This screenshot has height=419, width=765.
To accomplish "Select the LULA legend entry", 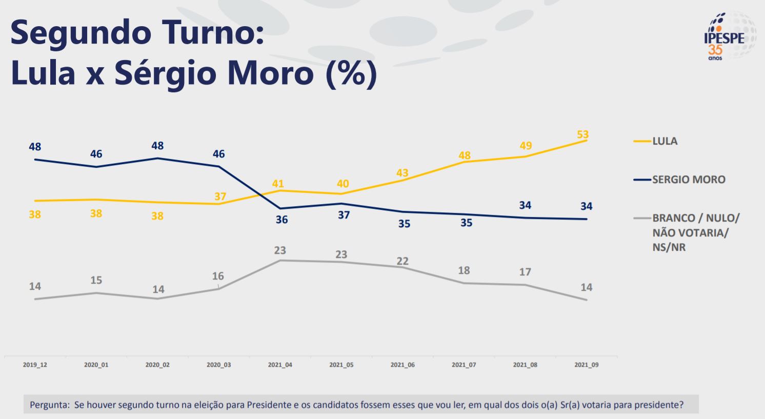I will click(665, 141).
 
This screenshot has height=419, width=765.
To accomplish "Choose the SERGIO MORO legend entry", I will click(688, 179).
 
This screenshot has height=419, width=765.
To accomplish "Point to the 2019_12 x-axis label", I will click(35, 365).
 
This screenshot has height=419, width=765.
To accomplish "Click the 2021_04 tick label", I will click(280, 365).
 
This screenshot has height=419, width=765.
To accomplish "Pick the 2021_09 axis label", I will click(586, 365).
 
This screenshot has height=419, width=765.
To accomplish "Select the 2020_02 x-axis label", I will click(157, 365).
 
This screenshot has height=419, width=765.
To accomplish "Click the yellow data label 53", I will click(582, 134).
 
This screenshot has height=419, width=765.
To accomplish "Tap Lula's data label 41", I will click(278, 184).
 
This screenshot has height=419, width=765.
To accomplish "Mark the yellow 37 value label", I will click(220, 196).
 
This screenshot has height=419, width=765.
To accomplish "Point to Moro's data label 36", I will click(281, 220).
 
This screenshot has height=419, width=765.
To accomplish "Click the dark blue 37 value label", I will click(344, 215).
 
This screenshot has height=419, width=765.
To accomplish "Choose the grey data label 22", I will click(402, 261).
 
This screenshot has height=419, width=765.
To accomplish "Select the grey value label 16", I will click(218, 276).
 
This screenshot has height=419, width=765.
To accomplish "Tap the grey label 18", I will click(464, 270).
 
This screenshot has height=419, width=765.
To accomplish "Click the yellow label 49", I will click(526, 146).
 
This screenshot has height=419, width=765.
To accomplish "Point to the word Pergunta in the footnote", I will click(49, 405).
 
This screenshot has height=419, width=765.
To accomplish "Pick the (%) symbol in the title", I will click(351, 73).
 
